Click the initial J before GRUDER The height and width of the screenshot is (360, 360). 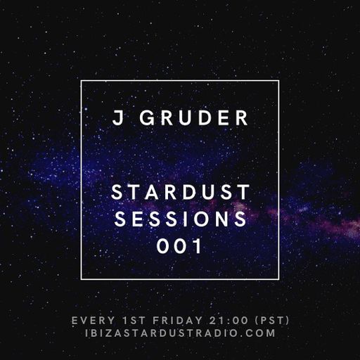click(x=117, y=119)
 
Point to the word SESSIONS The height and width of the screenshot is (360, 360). click(x=180, y=220)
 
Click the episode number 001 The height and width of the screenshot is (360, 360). click(x=180, y=247)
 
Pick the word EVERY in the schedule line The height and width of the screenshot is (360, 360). click(x=94, y=321)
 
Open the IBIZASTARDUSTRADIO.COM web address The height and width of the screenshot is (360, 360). click(x=180, y=333)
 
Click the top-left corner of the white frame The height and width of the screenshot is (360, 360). click(x=82, y=81)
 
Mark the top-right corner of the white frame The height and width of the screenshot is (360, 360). click(x=278, y=81)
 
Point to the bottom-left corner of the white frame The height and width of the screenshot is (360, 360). click(x=82, y=279)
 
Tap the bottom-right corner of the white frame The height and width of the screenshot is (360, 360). click(x=278, y=279)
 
